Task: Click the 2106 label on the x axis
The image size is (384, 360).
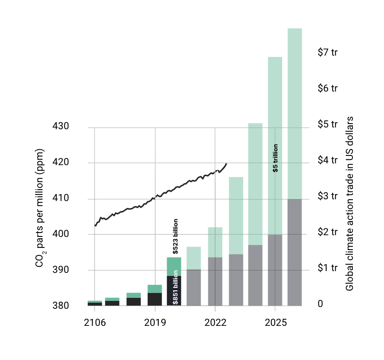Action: pos(95,323)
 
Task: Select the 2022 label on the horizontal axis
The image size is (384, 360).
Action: pos(215,323)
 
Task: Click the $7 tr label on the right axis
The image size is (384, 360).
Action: pos(327,53)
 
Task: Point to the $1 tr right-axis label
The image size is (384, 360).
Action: pos(327,268)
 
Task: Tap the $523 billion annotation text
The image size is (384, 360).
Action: pos(175,236)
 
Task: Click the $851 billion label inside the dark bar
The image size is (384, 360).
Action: pos(175,287)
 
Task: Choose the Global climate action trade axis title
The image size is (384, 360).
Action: pos(350,204)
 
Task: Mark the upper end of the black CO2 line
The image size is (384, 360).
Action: pos(226,164)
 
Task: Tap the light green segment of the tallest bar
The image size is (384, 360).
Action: pos(295,114)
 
